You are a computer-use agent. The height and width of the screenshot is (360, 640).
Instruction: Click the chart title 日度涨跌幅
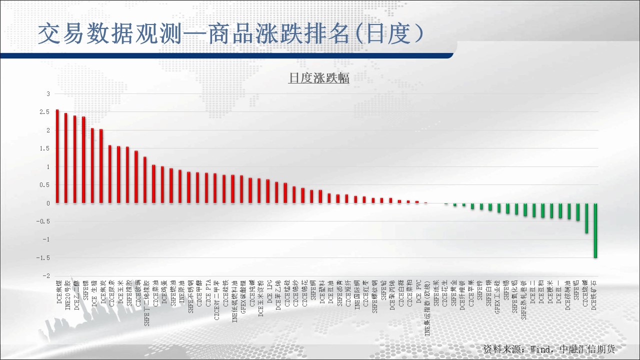[318, 78]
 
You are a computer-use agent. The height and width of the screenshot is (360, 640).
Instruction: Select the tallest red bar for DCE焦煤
[57, 156]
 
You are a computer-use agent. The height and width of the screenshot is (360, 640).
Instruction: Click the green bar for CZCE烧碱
[586, 218]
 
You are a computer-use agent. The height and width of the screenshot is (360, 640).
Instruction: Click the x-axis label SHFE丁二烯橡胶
[145, 305]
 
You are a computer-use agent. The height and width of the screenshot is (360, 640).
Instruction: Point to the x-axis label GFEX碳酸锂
[242, 298]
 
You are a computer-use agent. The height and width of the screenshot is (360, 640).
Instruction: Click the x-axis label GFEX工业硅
[497, 298]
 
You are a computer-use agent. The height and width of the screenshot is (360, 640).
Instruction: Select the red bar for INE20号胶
[66, 158]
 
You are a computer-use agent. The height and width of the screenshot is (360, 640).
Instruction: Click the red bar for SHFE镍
[83, 160]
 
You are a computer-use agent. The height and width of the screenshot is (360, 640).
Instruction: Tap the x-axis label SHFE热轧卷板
[523, 300]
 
